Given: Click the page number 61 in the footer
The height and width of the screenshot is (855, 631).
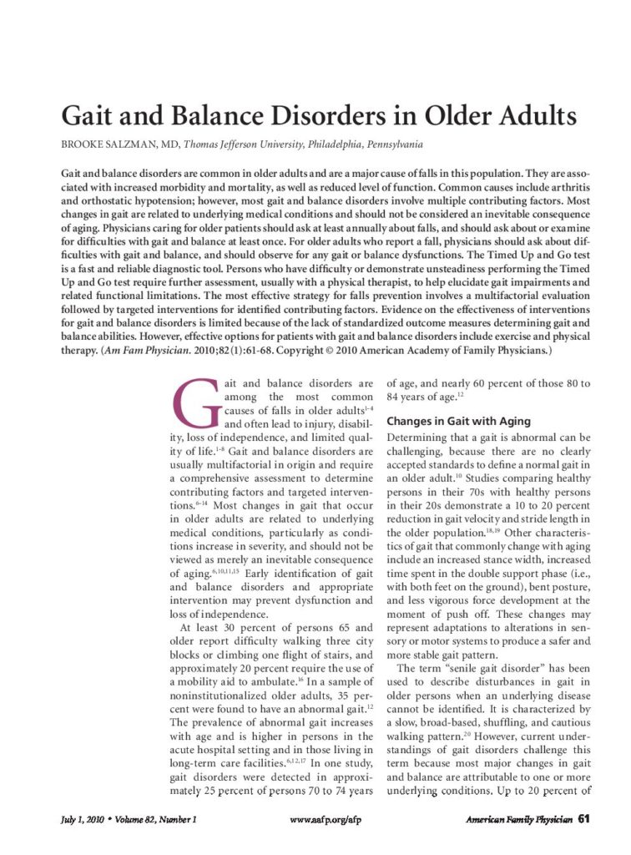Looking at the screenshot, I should click(583, 819).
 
